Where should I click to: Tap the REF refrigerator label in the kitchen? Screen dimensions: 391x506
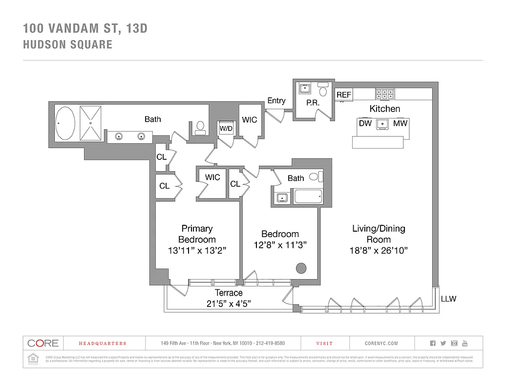point(344,95)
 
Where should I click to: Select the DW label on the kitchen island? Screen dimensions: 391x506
point(365,123)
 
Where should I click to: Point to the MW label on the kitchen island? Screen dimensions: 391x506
point(400,123)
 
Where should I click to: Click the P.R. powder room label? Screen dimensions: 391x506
point(313,103)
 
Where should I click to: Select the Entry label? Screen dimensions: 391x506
point(276,101)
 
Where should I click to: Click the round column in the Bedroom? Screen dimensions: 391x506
point(301,268)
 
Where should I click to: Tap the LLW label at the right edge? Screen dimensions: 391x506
point(448,298)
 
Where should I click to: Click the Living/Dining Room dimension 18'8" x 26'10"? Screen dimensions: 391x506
point(379,251)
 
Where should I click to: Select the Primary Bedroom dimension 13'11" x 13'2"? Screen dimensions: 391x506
point(196,251)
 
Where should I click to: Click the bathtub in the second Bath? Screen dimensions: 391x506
point(308,196)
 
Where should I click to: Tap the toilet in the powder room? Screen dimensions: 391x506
point(323,90)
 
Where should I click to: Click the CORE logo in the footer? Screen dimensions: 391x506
point(43,343)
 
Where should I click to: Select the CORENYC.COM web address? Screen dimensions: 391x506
point(381,344)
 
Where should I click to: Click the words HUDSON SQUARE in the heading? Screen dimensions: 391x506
point(67,44)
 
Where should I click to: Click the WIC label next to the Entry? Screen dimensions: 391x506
point(250,120)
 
